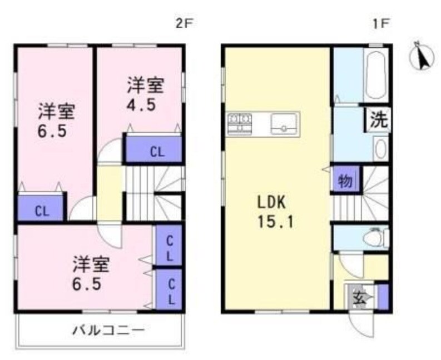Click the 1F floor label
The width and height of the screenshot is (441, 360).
(x=379, y=24)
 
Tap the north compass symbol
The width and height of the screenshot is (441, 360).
(x=422, y=57)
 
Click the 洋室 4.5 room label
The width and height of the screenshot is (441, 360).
(x=145, y=94)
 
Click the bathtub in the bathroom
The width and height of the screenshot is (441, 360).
(x=377, y=74)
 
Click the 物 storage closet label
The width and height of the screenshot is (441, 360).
(x=346, y=181)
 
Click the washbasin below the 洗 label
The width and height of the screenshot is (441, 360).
(x=380, y=149)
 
